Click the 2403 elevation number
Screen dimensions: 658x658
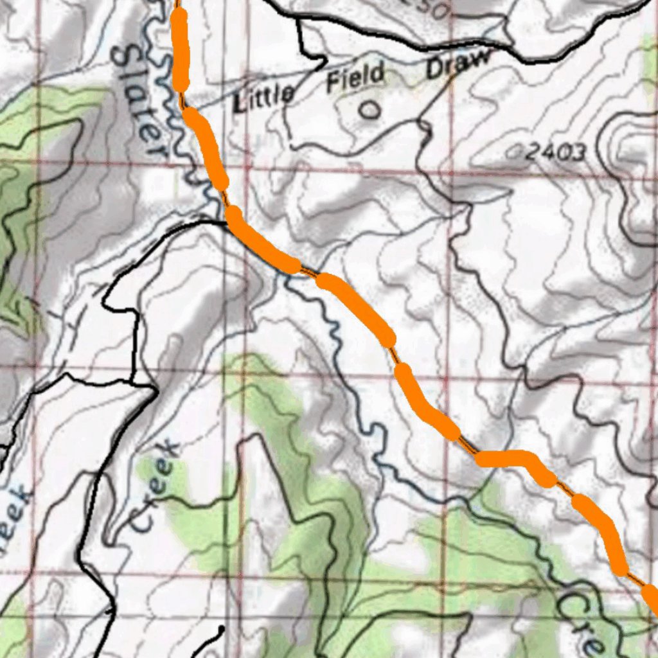556,153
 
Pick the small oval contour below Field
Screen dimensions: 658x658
369,111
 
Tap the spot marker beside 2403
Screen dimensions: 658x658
513,153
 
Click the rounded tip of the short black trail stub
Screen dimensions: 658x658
221,627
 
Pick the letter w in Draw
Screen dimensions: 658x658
483,58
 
